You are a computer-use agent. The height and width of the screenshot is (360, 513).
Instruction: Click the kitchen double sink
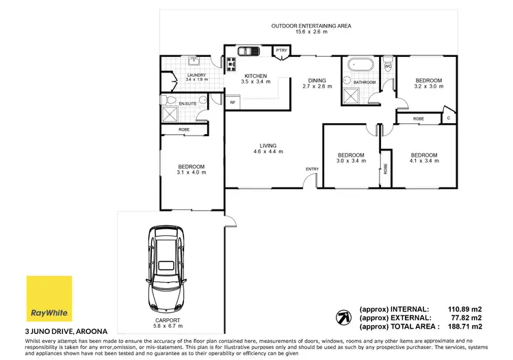pos(246,51)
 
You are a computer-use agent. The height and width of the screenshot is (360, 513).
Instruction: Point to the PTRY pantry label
pos(281,51)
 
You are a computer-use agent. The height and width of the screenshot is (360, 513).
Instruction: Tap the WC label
pos(387,66)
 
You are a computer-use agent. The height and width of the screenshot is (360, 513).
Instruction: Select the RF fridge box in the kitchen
pos(233,103)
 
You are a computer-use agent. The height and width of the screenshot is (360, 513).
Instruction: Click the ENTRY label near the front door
pos(313,169)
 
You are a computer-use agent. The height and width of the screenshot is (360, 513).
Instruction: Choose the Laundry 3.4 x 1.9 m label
pos(196,77)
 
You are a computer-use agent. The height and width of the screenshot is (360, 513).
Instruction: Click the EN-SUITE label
pos(187,104)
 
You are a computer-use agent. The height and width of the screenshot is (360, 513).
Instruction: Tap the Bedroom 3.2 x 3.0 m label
pos(429,84)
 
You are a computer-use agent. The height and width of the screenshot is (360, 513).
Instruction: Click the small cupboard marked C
pos(449,117)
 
